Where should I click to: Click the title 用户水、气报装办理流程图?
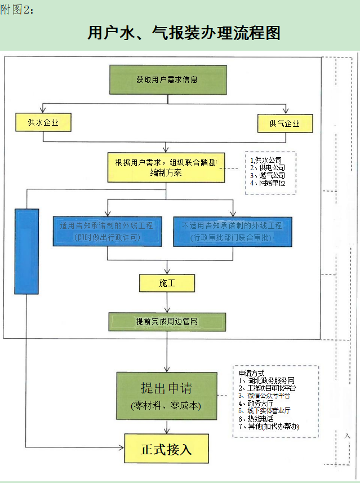[x=184, y=32]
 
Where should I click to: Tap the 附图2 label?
[x=17, y=10]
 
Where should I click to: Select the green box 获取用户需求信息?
[x=167, y=79]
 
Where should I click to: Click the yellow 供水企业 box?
[x=43, y=122]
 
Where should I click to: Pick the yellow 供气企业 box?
[x=285, y=123]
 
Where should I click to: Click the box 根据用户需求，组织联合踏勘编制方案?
[x=166, y=167]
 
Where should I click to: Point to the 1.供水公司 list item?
[x=266, y=161]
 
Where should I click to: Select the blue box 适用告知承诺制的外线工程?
[x=107, y=231]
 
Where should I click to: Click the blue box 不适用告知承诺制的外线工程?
[x=232, y=231]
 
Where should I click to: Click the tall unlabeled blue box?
[x=26, y=251]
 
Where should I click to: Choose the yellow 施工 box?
[x=167, y=283]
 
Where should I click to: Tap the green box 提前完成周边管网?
[x=167, y=321]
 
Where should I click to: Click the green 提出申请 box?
[x=166, y=396]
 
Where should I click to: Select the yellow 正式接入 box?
[x=166, y=449]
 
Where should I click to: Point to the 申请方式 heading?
[x=252, y=373]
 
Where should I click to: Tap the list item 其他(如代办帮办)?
[x=269, y=427]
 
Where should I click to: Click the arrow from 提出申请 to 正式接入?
[x=166, y=426]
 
